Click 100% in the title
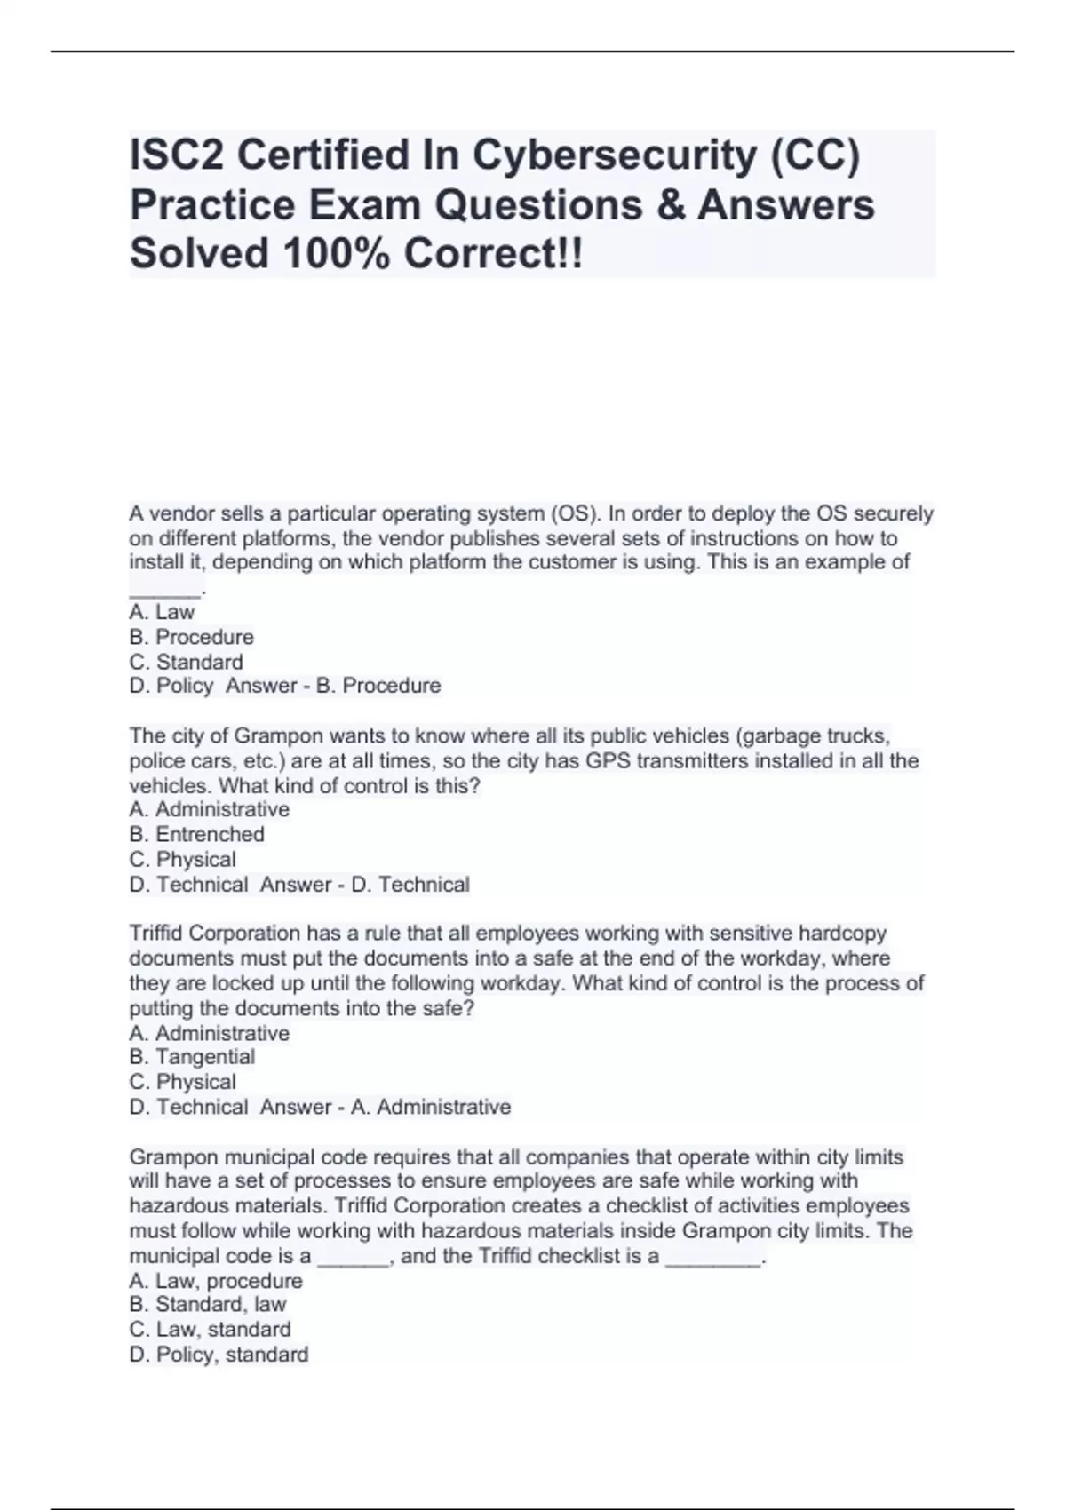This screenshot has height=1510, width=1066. [334, 254]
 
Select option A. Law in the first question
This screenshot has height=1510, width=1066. [162, 612]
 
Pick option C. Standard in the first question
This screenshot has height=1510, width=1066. [186, 662]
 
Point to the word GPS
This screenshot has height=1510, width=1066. [606, 761]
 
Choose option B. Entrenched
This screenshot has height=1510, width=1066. [196, 834]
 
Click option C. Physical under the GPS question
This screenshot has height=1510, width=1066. [182, 859]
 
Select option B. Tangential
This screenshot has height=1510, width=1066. [192, 1057]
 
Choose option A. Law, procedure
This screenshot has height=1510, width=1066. [216, 1281]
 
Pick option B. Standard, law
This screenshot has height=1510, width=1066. [208, 1305]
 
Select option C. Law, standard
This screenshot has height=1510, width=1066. [210, 1330]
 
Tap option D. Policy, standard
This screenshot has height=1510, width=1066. [219, 1355]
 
